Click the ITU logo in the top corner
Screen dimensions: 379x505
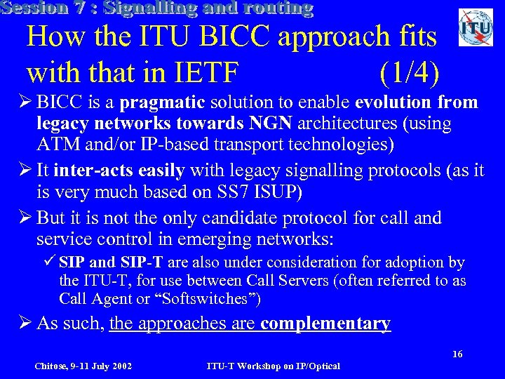click(x=476, y=27)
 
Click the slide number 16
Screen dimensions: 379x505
click(x=457, y=354)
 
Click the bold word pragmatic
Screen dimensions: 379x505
click(x=162, y=103)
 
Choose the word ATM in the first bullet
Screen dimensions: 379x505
click(x=53, y=145)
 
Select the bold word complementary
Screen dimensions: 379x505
click(x=325, y=324)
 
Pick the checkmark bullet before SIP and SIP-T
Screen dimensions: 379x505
click(x=49, y=262)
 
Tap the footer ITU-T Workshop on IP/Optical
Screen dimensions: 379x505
click(x=273, y=366)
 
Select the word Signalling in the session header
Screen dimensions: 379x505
click(x=161, y=9)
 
